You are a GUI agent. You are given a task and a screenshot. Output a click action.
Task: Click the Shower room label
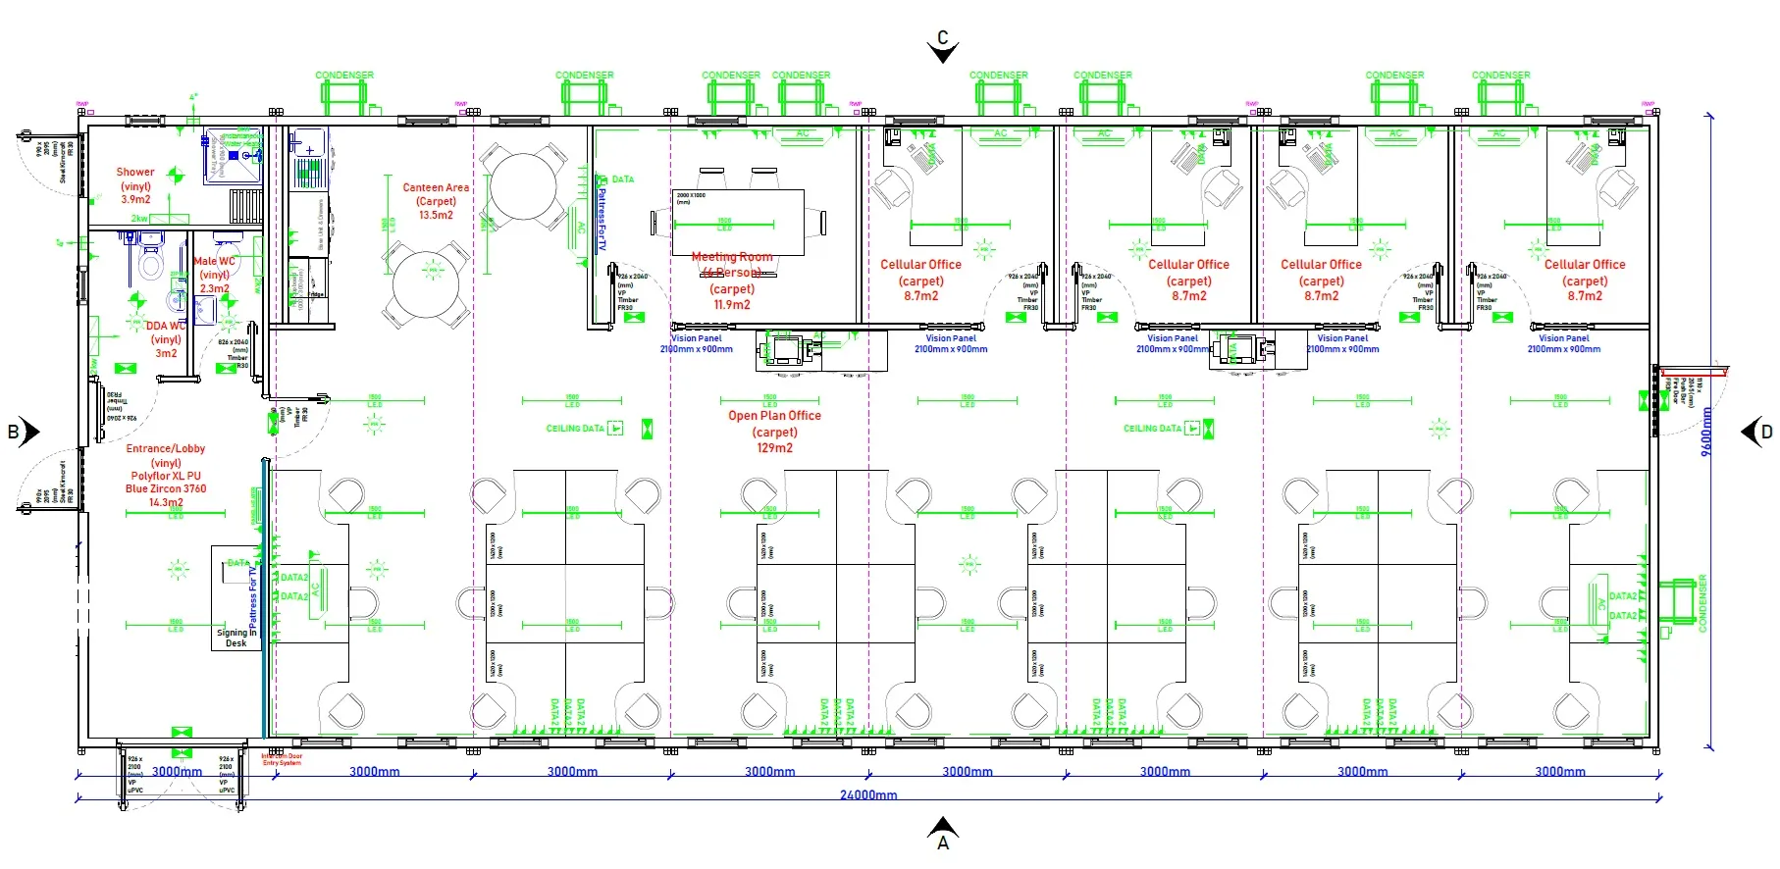click(x=135, y=172)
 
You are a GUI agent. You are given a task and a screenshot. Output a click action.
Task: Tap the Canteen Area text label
click(x=436, y=187)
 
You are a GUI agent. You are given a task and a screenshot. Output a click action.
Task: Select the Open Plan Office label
click(x=774, y=416)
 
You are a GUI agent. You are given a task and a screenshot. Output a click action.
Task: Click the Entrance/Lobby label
click(x=166, y=449)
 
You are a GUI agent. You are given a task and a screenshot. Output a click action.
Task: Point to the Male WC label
click(x=214, y=262)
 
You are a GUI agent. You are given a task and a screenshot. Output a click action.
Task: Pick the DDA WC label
click(x=165, y=326)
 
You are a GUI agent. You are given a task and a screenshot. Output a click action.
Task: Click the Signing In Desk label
click(x=236, y=638)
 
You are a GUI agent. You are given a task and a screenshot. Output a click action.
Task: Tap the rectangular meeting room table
click(x=738, y=222)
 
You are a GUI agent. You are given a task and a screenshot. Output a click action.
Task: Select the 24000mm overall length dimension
click(x=868, y=794)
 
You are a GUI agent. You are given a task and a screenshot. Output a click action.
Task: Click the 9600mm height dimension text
click(x=1706, y=432)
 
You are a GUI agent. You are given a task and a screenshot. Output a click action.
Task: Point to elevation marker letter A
click(x=943, y=843)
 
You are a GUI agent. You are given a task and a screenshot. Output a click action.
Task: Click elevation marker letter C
click(x=943, y=37)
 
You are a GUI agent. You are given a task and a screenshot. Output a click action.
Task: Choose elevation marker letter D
click(x=1766, y=432)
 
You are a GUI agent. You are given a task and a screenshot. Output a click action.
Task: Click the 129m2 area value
click(x=774, y=448)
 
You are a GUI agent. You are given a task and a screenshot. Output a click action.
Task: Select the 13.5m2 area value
click(x=436, y=215)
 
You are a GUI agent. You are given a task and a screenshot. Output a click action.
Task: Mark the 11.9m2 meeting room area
click(x=732, y=304)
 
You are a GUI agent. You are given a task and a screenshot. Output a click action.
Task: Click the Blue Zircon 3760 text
click(x=166, y=488)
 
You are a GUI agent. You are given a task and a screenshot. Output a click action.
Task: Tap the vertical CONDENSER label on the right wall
click(x=1702, y=603)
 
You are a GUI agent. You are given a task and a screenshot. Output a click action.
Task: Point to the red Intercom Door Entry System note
click(x=282, y=759)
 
